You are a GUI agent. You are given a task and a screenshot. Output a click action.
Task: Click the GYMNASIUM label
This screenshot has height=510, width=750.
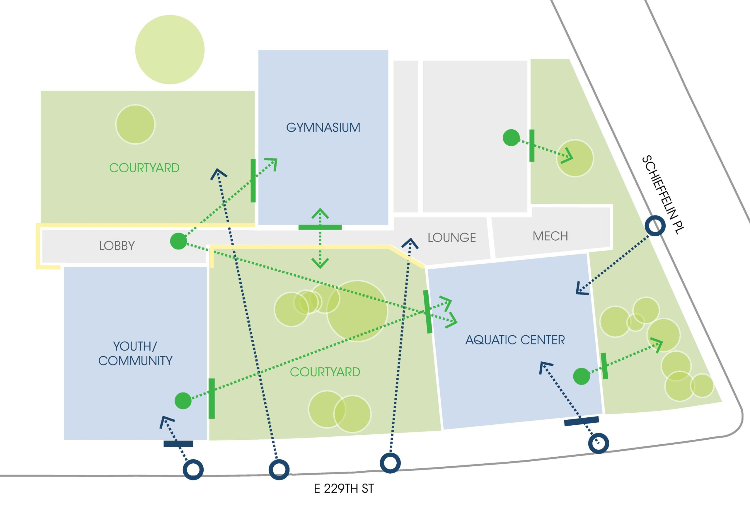pyautogui.click(x=323, y=127)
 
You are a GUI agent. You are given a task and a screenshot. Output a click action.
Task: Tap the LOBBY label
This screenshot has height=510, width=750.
pyautogui.click(x=117, y=246)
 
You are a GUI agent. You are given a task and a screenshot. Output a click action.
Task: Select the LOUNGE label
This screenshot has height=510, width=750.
pyautogui.click(x=451, y=238)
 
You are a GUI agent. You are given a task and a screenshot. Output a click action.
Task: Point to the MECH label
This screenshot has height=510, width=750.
pyautogui.click(x=550, y=236)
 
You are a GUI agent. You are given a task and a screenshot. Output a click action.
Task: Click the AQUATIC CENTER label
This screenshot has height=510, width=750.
pyautogui.click(x=515, y=340)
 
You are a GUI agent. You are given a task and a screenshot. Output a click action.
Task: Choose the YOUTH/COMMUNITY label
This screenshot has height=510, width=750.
pyautogui.click(x=135, y=353)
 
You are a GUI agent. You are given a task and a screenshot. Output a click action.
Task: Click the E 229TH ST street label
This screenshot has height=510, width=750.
pyautogui.click(x=344, y=489)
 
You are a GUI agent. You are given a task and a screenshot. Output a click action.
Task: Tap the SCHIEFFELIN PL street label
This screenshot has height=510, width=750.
pyautogui.click(x=663, y=195)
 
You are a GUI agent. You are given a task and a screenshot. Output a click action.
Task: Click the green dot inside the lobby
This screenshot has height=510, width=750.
pyautogui.click(x=178, y=241)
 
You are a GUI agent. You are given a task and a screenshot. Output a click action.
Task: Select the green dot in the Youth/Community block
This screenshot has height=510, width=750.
pyautogui.click(x=183, y=401)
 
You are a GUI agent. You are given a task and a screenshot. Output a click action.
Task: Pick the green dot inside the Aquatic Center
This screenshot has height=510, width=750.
pyautogui.click(x=582, y=376)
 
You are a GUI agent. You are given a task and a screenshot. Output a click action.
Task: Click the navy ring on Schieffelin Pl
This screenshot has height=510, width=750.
pyautogui.click(x=655, y=226)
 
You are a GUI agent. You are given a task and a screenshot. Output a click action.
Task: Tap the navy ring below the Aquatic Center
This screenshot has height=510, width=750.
pyautogui.click(x=599, y=443)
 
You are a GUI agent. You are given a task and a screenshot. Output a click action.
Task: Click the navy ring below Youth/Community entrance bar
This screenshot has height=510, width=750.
pyautogui.click(x=193, y=469)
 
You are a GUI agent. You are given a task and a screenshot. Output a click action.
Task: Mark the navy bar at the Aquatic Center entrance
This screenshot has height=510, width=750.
pyautogui.click(x=582, y=421)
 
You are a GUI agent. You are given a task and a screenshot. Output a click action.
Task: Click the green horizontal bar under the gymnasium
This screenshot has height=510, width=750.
pyautogui.click(x=320, y=227)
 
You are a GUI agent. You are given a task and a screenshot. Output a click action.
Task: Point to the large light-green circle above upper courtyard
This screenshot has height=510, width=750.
pyautogui.click(x=170, y=50)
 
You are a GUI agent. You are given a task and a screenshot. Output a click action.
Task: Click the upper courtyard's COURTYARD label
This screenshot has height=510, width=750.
pyautogui.click(x=144, y=168)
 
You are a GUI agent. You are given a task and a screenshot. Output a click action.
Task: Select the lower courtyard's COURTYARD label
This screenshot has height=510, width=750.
pyautogui.click(x=325, y=372)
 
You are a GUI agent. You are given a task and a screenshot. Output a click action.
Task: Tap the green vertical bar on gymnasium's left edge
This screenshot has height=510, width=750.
pyautogui.click(x=253, y=181)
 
